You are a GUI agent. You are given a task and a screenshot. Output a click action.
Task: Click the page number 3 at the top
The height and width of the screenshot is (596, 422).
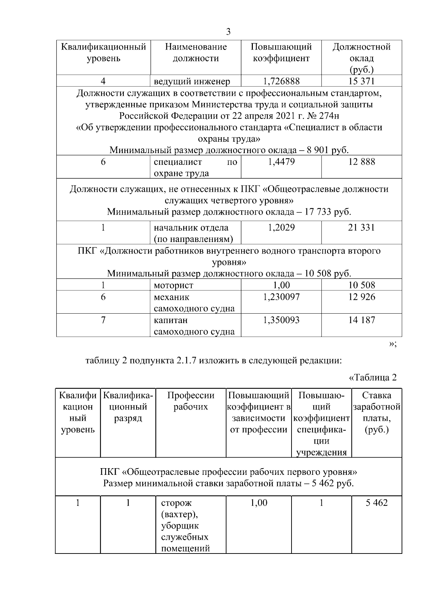[228, 32]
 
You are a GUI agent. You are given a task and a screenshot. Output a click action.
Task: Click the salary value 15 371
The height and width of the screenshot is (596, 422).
[362, 81]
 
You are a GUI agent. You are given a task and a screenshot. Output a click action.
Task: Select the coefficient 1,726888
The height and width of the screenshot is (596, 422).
[281, 81]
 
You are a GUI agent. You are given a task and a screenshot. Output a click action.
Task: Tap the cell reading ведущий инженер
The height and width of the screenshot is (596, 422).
[192, 82]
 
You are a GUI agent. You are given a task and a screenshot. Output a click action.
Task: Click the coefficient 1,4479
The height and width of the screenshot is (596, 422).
[281, 162]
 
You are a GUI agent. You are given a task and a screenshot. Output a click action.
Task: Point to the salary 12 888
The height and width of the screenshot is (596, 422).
[362, 162]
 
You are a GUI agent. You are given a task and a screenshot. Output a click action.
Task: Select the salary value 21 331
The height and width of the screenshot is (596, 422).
[362, 228]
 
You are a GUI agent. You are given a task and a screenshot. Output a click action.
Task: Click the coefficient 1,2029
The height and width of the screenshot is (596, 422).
[281, 228]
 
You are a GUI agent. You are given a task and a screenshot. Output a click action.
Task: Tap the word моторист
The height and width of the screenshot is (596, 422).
[173, 286]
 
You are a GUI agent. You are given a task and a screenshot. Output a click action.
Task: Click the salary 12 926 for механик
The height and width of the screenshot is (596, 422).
[362, 297]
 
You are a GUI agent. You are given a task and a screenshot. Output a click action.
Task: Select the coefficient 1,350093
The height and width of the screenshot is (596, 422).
[281, 320]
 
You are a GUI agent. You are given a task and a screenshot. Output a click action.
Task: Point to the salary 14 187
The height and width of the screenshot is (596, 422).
[362, 320]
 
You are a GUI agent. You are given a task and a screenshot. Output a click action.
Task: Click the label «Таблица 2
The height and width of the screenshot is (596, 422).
[372, 378]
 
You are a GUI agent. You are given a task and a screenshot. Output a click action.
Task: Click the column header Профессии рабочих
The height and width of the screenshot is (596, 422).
[191, 401]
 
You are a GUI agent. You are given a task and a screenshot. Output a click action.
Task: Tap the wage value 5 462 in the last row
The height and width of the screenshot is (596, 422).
[376, 503]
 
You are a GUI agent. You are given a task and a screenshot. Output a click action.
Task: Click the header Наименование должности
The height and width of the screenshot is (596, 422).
[196, 53]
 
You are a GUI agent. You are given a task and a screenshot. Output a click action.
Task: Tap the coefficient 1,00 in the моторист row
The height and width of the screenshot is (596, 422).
[281, 285]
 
